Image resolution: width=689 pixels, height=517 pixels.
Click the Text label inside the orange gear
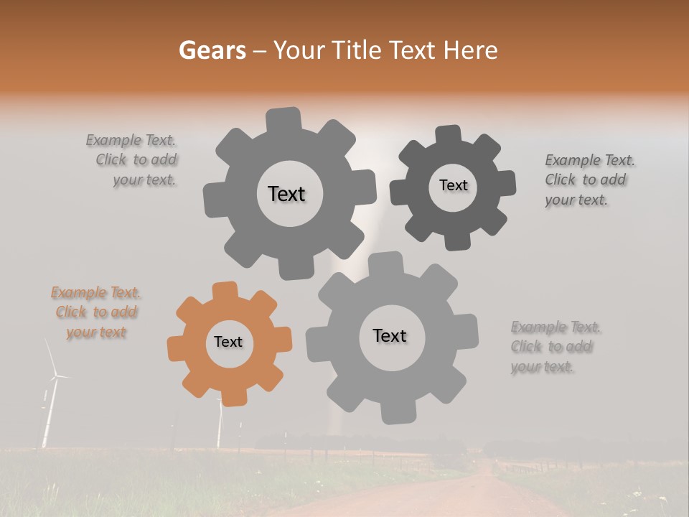(x=228, y=343)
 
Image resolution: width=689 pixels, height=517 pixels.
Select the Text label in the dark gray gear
(x=453, y=186)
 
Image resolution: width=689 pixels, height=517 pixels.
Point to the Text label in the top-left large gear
(x=286, y=194)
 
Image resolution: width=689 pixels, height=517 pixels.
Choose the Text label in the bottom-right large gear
(x=390, y=336)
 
